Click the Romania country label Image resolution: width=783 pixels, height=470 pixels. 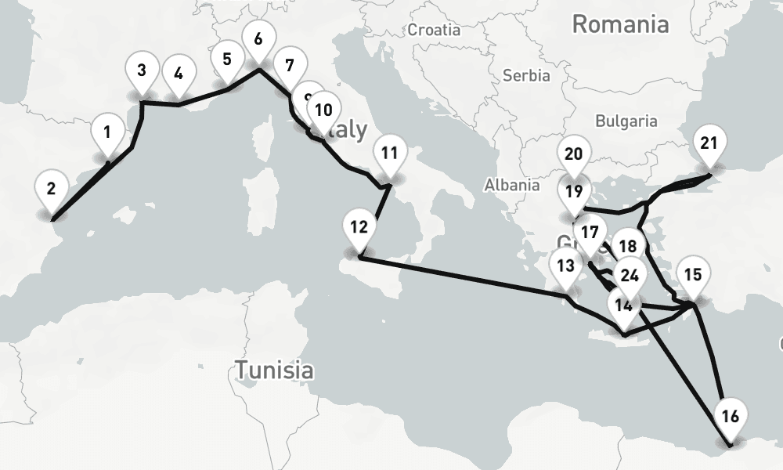tap(620, 24)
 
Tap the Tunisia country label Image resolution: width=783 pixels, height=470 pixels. tap(275, 369)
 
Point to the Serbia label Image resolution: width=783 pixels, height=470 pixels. tap(526, 76)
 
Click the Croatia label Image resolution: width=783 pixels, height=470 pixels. tap(434, 31)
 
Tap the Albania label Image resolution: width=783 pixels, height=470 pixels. tap(512, 185)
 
